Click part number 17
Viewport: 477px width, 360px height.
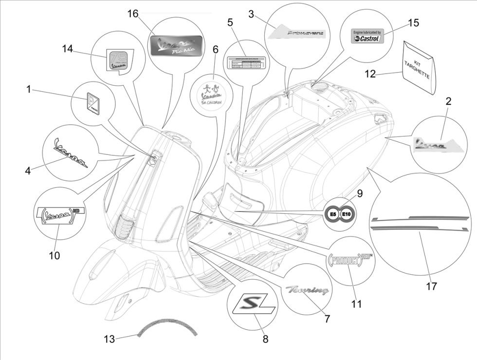coord(431,286)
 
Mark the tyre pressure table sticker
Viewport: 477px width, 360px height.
coord(245,62)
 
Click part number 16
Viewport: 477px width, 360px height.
coord(133,13)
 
